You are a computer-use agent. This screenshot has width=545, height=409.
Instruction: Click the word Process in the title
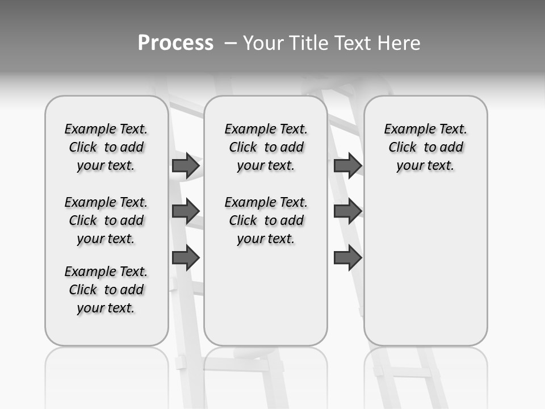(x=175, y=43)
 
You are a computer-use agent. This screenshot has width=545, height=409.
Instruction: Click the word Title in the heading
(x=309, y=43)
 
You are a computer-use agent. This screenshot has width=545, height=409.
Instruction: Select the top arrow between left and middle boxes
(x=186, y=165)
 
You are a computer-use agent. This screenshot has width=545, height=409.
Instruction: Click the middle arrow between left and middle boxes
(x=186, y=211)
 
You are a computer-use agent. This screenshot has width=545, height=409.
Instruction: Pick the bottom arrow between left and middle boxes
(x=186, y=258)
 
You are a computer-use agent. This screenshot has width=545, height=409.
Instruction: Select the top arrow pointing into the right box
(x=347, y=165)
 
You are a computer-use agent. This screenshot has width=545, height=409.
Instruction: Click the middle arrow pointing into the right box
(x=347, y=211)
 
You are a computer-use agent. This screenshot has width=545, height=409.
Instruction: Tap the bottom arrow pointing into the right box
(x=347, y=258)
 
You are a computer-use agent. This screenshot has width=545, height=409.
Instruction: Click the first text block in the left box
(x=106, y=147)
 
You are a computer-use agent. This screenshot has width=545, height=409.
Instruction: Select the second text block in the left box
(x=106, y=220)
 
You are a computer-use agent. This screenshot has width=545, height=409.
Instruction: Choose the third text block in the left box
(x=106, y=290)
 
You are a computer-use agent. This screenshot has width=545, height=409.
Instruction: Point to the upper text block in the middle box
(x=266, y=147)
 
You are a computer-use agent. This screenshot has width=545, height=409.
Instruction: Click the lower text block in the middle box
(x=266, y=220)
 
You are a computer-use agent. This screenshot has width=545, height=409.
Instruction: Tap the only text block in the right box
(x=425, y=147)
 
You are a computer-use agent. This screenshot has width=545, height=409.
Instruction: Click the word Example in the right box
(x=406, y=130)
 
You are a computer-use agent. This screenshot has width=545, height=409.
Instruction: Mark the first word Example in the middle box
(x=247, y=130)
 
